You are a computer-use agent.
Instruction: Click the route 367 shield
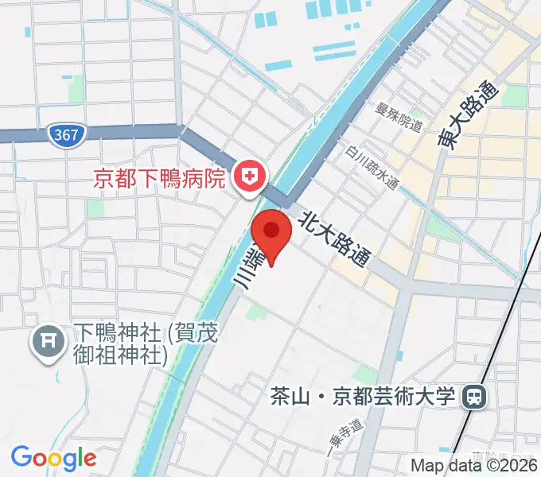pos(66,134)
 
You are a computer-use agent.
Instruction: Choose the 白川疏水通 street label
pos(372,169)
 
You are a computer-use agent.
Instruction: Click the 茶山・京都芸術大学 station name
pos(362,395)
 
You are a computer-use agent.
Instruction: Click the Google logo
pos(53,458)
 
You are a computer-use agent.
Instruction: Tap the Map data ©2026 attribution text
pos(475,466)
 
